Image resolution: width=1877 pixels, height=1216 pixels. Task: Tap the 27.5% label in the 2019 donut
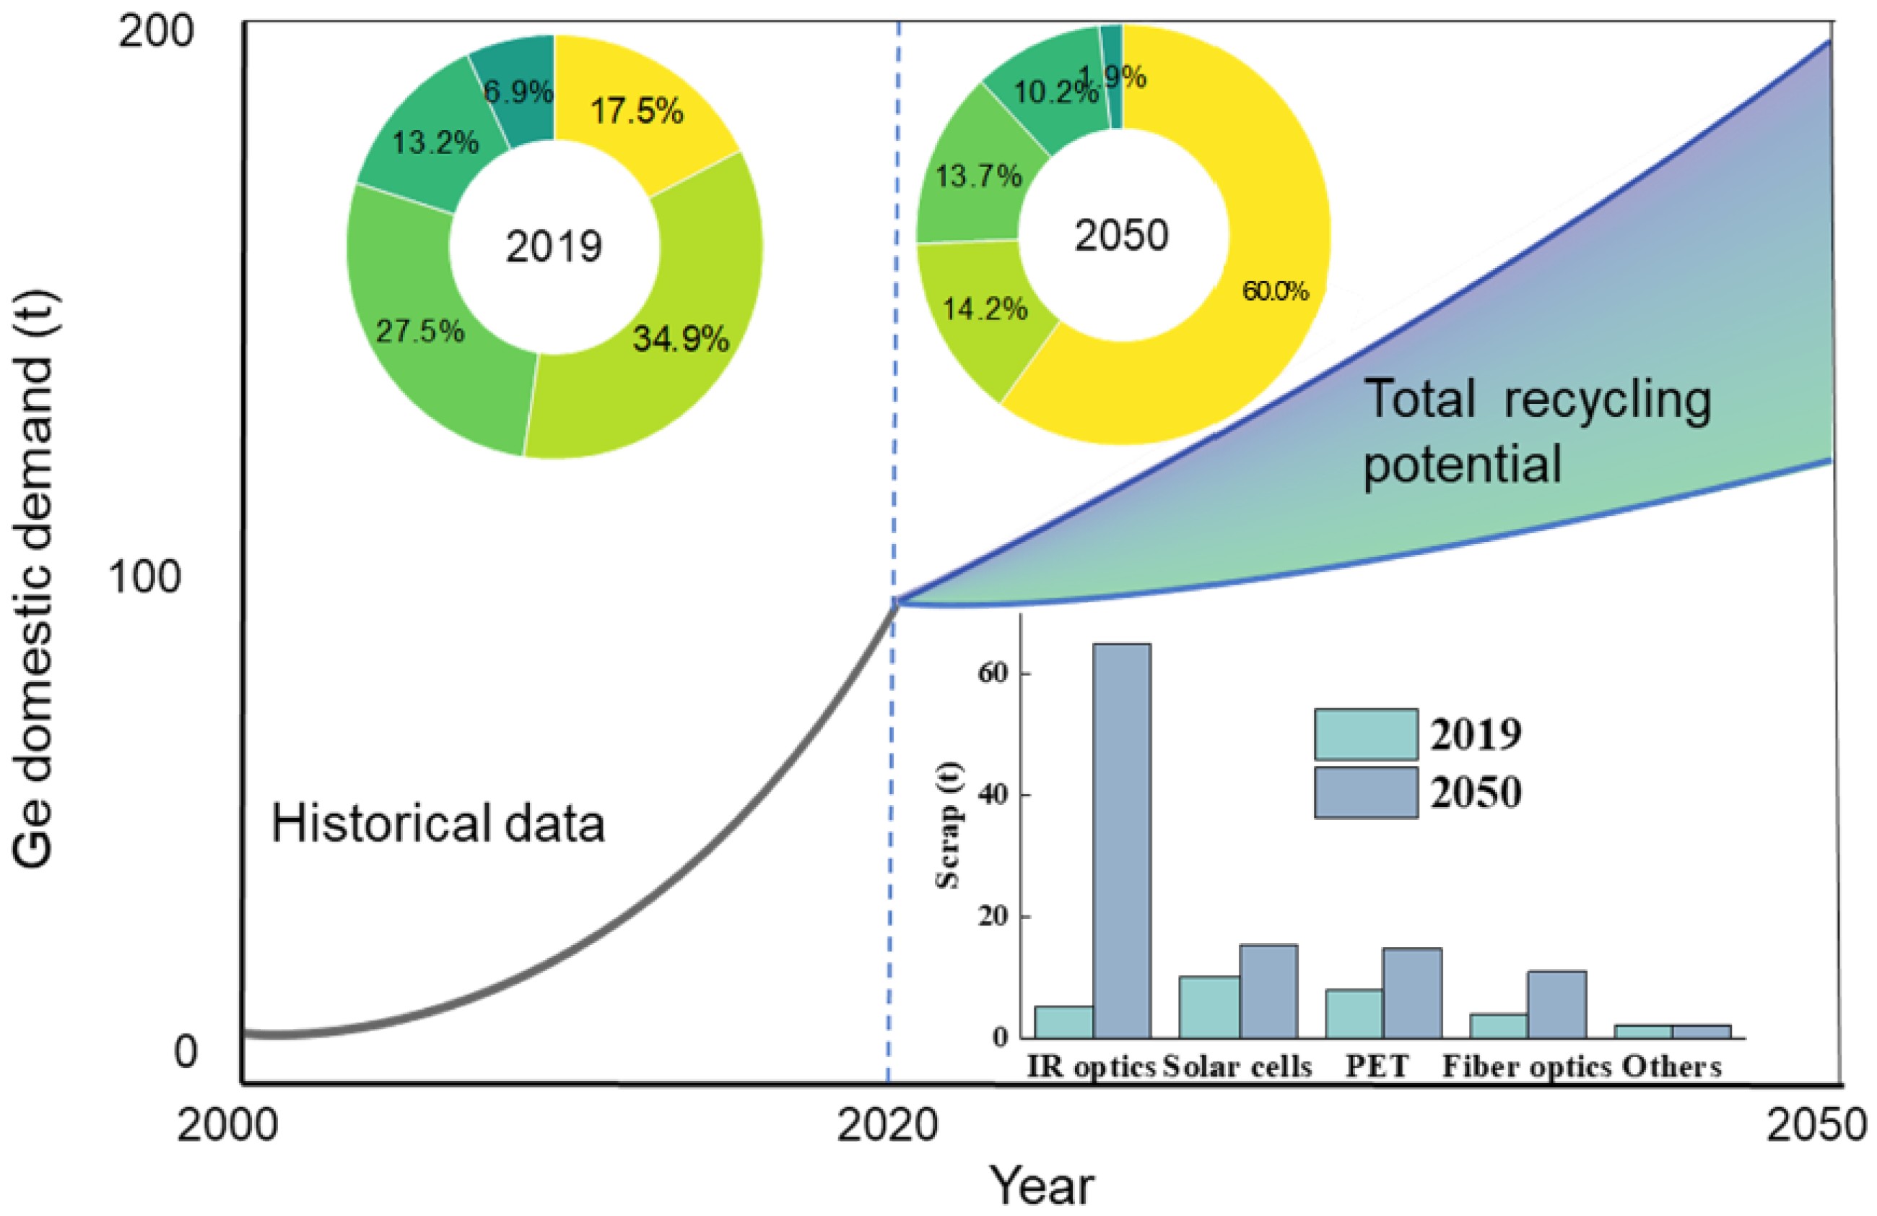pyautogui.click(x=419, y=332)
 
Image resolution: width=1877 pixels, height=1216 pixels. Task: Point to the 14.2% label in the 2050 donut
pyautogui.click(x=985, y=309)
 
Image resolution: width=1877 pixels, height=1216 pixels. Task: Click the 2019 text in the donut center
pyautogui.click(x=554, y=246)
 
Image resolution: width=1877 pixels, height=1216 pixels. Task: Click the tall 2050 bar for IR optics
pyautogui.click(x=1121, y=840)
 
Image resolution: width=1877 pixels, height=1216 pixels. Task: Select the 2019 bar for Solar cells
pyautogui.click(x=1209, y=1007)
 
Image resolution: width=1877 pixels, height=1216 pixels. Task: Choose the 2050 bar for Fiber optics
pyautogui.click(x=1556, y=1004)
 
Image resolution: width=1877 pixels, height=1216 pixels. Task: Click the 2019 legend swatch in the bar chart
pyautogui.click(x=1366, y=735)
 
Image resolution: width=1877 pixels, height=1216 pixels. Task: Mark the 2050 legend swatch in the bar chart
pyautogui.click(x=1366, y=793)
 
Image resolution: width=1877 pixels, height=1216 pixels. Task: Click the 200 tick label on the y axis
pyautogui.click(x=156, y=34)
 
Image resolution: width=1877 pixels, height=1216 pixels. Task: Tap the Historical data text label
pyautogui.click(x=437, y=823)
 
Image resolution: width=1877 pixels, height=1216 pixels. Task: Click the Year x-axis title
pyautogui.click(x=1042, y=1186)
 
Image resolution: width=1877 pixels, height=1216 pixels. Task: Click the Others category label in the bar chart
pyautogui.click(x=1671, y=1067)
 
